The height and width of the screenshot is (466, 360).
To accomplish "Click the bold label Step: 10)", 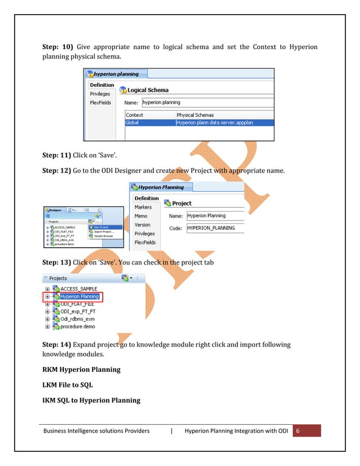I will tap(58, 46).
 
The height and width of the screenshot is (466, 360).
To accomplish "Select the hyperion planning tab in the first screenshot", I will tap(113, 74).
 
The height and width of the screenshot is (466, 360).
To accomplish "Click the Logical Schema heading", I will tap(148, 90).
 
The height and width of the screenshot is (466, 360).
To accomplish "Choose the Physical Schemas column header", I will tap(195, 115).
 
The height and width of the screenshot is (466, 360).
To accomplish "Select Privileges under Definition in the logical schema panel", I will tap(100, 94).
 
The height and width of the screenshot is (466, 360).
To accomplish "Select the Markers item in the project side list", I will tap(143, 207).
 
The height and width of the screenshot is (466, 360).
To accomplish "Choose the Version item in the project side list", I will tap(143, 225).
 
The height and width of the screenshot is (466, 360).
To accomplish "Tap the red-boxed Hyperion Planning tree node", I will tap(80, 297).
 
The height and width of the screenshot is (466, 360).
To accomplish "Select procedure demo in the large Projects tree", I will tap(78, 326).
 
